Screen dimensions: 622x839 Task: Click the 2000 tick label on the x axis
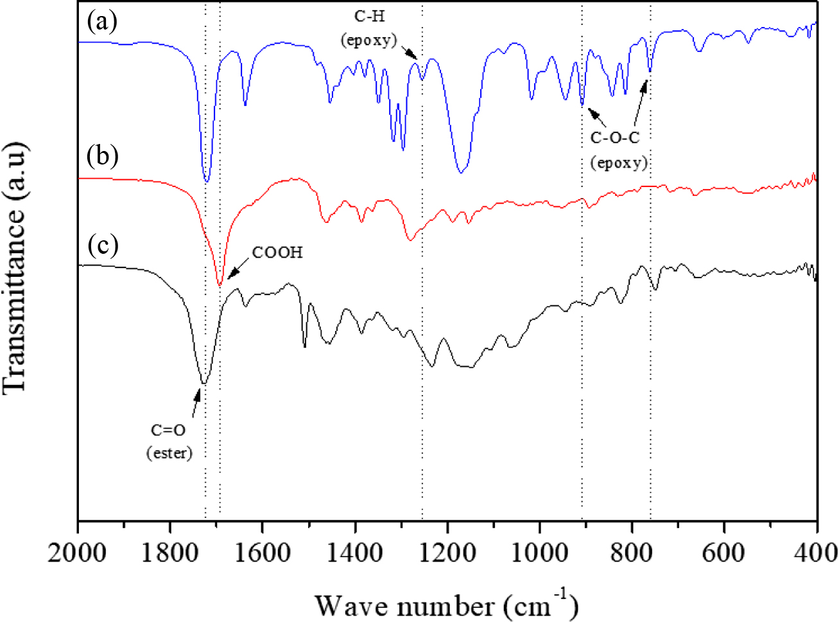[78, 553]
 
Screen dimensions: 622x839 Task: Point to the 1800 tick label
[170, 553]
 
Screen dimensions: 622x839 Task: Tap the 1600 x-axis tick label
[263, 553]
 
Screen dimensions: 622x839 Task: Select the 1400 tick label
[355, 553]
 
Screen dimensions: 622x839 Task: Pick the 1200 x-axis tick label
[447, 553]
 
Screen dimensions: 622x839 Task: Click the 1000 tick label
[540, 553]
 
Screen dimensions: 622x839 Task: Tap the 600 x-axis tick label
[725, 553]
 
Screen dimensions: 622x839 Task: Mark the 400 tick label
[817, 553]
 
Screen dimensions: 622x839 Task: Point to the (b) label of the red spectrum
[103, 155]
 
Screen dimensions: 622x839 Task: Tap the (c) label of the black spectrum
[103, 245]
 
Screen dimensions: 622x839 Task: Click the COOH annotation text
[277, 253]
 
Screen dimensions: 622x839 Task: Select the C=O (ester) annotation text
[169, 441]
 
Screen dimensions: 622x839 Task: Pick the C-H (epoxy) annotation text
[368, 28]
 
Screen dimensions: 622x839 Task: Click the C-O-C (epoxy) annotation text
[618, 150]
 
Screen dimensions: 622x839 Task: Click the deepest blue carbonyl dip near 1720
[206, 181]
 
